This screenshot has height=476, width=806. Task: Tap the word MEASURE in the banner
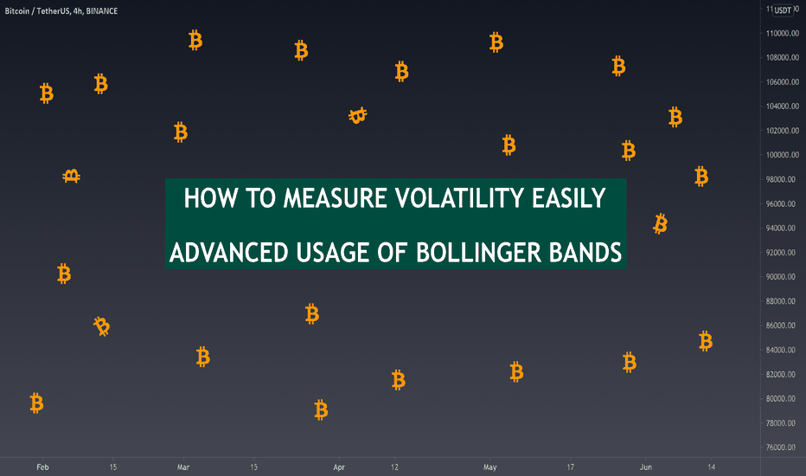click(336, 198)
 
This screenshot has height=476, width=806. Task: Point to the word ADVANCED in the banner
click(229, 253)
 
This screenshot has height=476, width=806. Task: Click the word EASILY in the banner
click(568, 198)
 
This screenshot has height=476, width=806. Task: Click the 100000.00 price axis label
click(783, 155)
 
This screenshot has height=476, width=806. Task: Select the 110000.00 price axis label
click(783, 34)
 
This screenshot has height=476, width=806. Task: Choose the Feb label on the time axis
click(42, 467)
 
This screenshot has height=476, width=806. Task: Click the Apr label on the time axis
click(339, 467)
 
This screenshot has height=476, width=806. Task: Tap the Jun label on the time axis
click(646, 467)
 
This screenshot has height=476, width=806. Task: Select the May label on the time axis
click(489, 467)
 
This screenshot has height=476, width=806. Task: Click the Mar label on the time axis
click(183, 467)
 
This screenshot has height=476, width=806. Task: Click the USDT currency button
click(783, 10)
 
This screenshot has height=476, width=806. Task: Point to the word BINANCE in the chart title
click(102, 10)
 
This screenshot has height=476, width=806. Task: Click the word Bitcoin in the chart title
click(17, 10)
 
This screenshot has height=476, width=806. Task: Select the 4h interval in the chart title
click(78, 10)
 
